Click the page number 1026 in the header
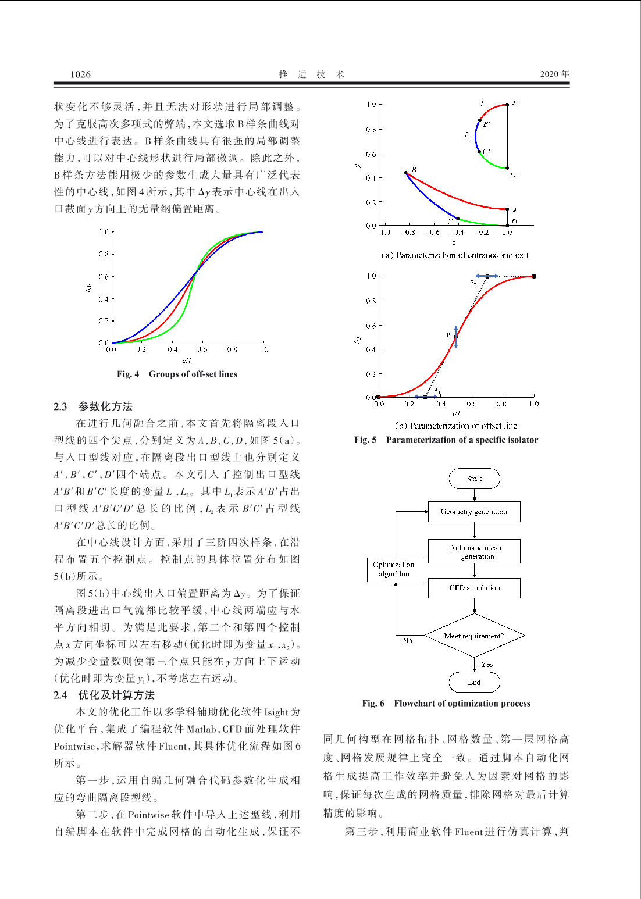pyautogui.click(x=80, y=74)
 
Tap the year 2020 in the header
pyautogui.click(x=550, y=74)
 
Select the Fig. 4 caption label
pyautogui.click(x=128, y=374)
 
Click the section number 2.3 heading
pyautogui.click(x=60, y=406)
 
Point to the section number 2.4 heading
pyautogui.click(x=60, y=695)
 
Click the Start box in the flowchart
pyautogui.click(x=474, y=479)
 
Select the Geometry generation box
pyautogui.click(x=474, y=512)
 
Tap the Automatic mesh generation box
pyautogui.click(x=474, y=552)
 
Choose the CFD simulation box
pyautogui.click(x=474, y=588)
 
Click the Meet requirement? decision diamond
pyautogui.click(x=474, y=636)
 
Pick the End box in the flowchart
pyautogui.click(x=474, y=682)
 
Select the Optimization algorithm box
pyautogui.click(x=394, y=569)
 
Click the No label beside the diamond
pyautogui.click(x=407, y=640)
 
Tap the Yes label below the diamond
pyautogui.click(x=487, y=664)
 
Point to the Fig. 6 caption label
pyautogui.click(x=373, y=703)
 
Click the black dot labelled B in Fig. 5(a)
pyautogui.click(x=406, y=173)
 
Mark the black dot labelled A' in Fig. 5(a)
pyautogui.click(x=507, y=105)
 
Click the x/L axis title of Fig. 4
pyautogui.click(x=187, y=361)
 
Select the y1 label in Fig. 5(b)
pyautogui.click(x=449, y=336)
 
